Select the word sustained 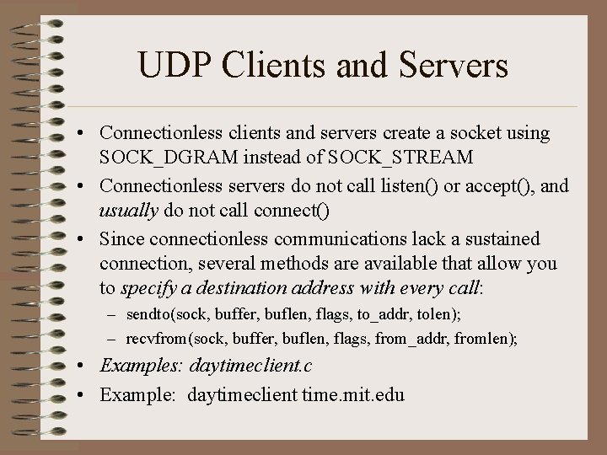(x=497, y=238)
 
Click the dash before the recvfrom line (x=111, y=338)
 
